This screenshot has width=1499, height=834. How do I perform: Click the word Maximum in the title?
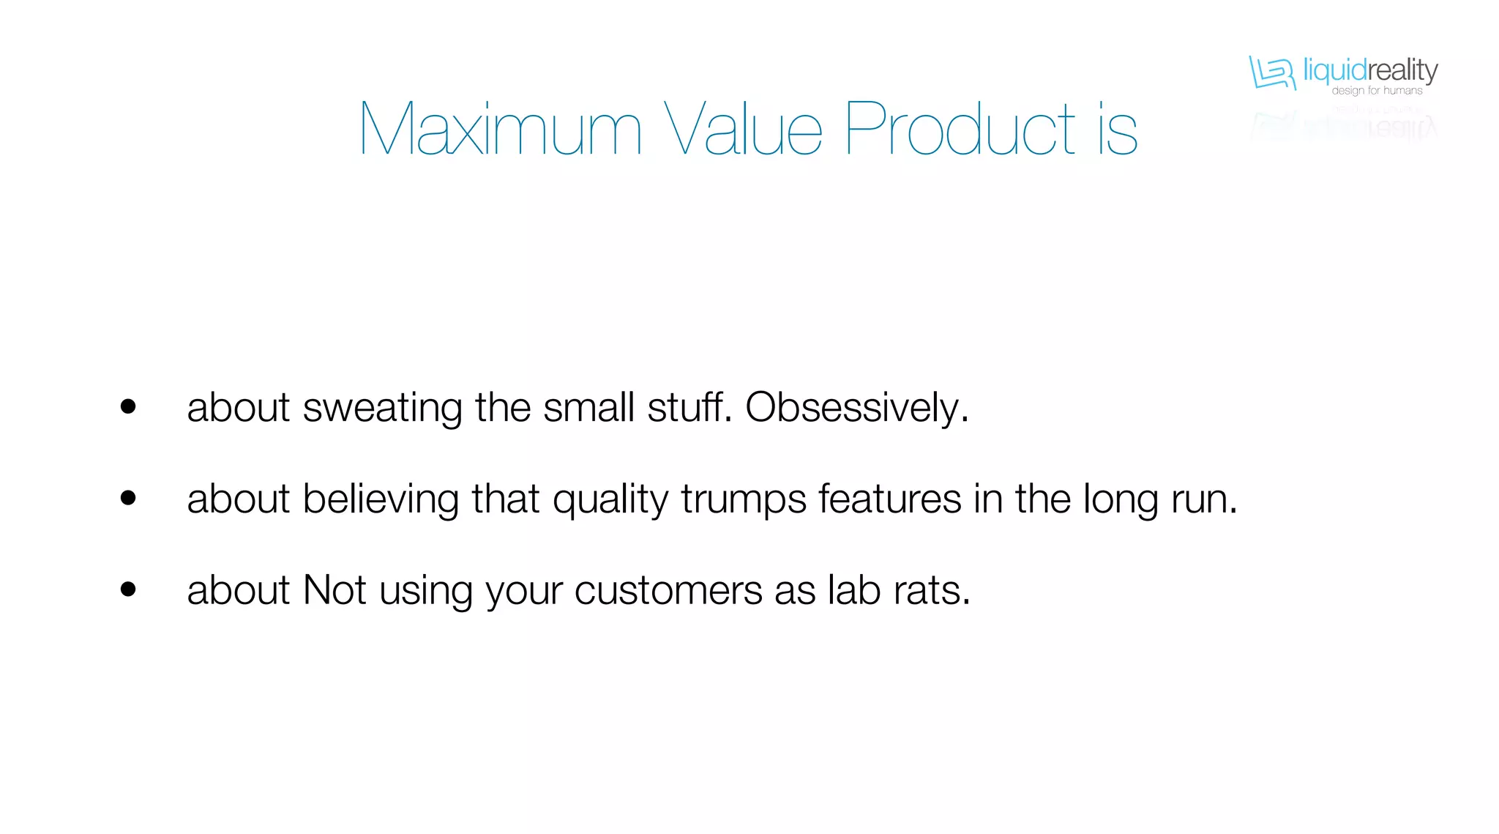501,130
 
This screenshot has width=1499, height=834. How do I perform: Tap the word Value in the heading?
743,130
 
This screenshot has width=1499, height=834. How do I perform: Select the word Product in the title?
960,130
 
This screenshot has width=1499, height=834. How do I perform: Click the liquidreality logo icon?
1271,73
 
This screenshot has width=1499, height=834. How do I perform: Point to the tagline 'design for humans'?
1377,91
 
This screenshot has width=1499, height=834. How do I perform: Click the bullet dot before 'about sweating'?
128,406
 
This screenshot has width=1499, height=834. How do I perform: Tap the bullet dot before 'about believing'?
128,498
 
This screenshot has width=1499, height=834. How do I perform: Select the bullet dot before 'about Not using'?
128,589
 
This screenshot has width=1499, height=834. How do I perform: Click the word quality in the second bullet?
610,499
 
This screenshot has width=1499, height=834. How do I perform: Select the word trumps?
744,499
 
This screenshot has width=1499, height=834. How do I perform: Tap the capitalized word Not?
334,589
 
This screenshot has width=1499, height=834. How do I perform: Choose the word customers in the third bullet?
668,590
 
